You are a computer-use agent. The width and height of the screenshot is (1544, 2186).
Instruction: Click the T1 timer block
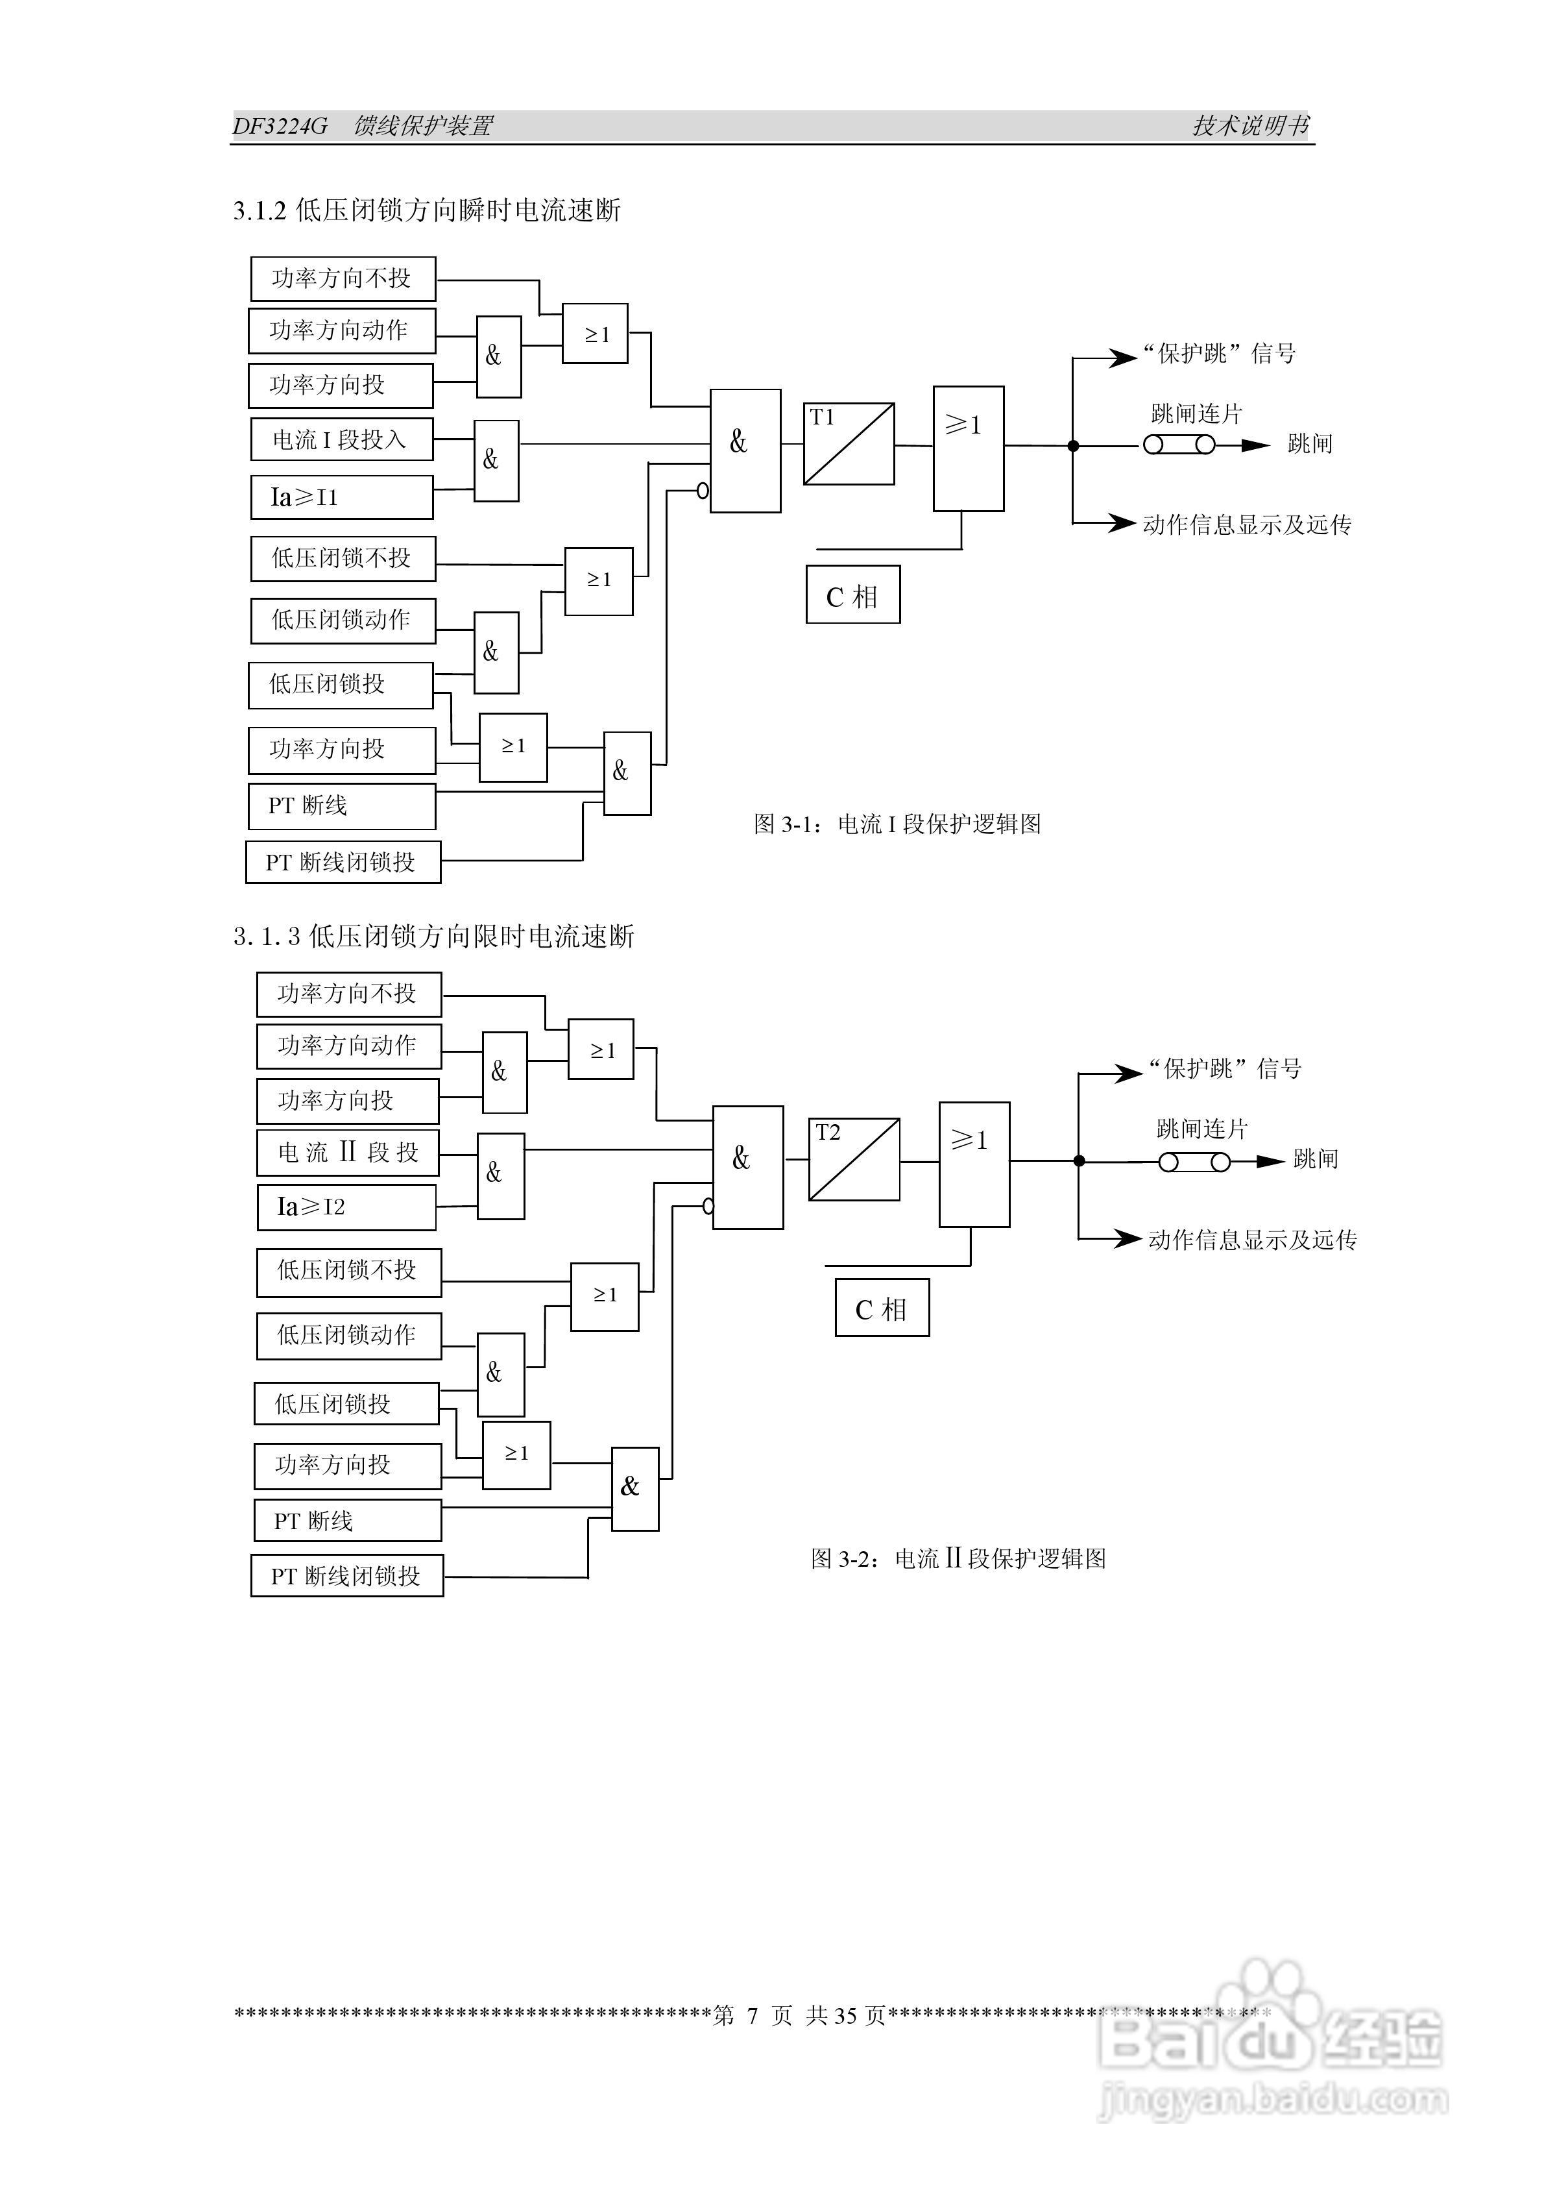click(848, 444)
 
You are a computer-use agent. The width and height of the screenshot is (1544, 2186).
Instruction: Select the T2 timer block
click(854, 1159)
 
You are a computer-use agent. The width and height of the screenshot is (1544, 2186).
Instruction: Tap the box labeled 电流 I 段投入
click(341, 440)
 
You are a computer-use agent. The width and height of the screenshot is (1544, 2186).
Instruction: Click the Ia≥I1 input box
click(341, 497)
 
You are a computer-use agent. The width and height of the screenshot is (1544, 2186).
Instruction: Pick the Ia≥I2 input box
click(346, 1207)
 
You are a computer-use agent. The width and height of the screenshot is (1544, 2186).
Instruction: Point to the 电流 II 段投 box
click(348, 1152)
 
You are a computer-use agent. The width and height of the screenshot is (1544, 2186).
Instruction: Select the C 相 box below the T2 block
click(882, 1309)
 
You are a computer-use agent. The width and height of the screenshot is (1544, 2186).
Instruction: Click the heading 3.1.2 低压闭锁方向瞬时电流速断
click(426, 210)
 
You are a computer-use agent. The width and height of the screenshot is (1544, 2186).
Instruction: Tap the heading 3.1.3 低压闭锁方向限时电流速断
click(433, 937)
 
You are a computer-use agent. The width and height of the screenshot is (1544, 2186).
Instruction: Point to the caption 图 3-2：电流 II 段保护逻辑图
click(958, 1558)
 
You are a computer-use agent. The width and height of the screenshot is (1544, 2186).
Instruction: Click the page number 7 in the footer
click(752, 2015)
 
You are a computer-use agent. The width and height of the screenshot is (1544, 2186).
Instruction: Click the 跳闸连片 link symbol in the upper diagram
click(1179, 445)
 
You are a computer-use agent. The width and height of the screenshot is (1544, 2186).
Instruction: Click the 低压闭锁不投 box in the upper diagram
click(343, 559)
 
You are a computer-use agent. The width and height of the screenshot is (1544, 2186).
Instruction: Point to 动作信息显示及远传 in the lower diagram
click(1252, 1240)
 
